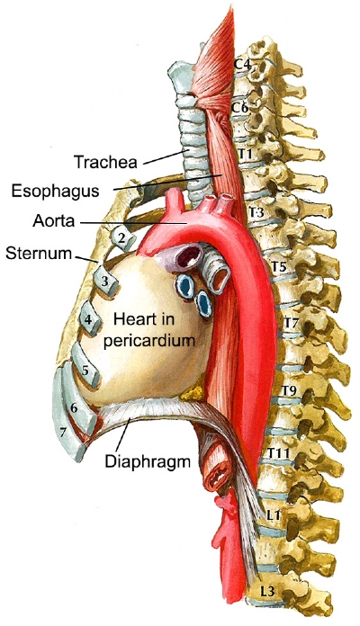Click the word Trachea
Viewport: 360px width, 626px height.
pyautogui.click(x=105, y=162)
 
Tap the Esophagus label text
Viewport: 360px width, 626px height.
pyautogui.click(x=55, y=191)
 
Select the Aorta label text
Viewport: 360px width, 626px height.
pyautogui.click(x=53, y=220)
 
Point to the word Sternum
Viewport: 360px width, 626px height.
pyautogui.click(x=39, y=253)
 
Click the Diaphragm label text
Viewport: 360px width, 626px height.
pyautogui.click(x=148, y=461)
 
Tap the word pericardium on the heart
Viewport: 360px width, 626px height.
pyautogui.click(x=149, y=341)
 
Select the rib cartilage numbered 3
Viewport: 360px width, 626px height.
pyautogui.click(x=105, y=281)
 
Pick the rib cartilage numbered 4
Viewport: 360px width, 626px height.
pyautogui.click(x=91, y=318)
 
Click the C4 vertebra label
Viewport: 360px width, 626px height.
pyautogui.click(x=241, y=64)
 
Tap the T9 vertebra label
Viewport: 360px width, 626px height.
pyautogui.click(x=289, y=391)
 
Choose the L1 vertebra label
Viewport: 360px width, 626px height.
pyautogui.click(x=273, y=515)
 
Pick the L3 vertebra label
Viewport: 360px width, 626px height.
pyautogui.click(x=266, y=591)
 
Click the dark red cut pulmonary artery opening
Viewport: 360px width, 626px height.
pyautogui.click(x=190, y=256)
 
